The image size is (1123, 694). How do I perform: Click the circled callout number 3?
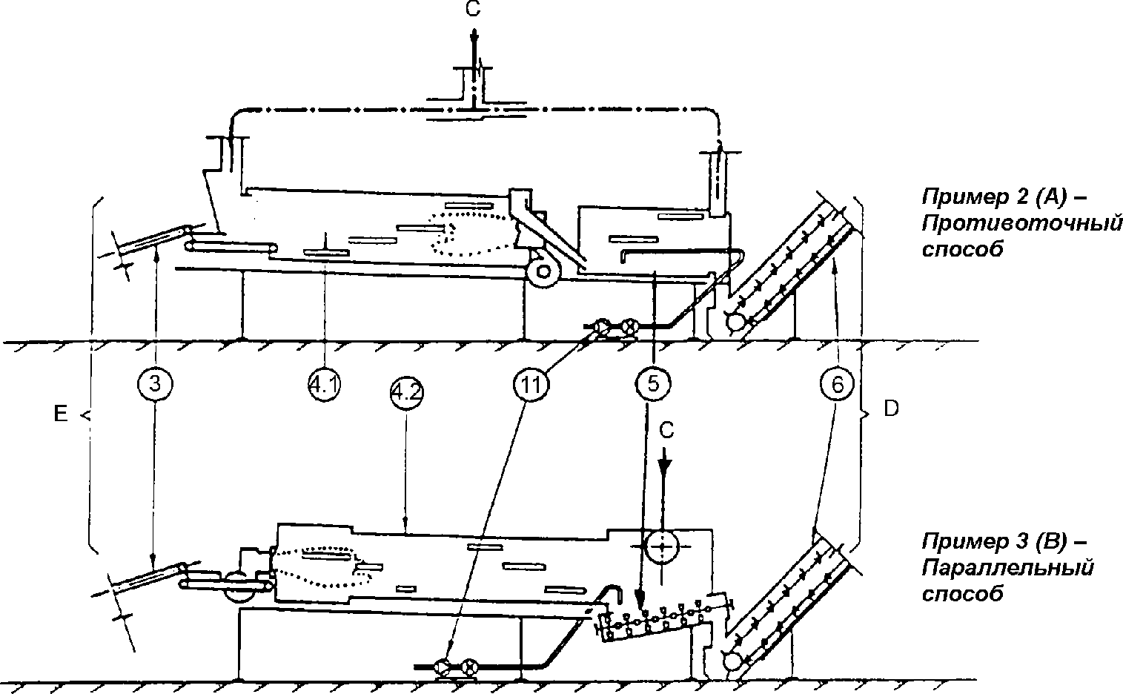[x=155, y=384]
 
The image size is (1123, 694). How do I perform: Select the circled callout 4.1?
[x=324, y=384]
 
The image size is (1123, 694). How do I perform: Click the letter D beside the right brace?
[x=891, y=409]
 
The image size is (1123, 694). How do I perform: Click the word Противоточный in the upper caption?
[x=1022, y=222]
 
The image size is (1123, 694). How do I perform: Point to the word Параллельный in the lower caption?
[x=1008, y=568]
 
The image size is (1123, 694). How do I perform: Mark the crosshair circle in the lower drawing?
[x=660, y=546]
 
